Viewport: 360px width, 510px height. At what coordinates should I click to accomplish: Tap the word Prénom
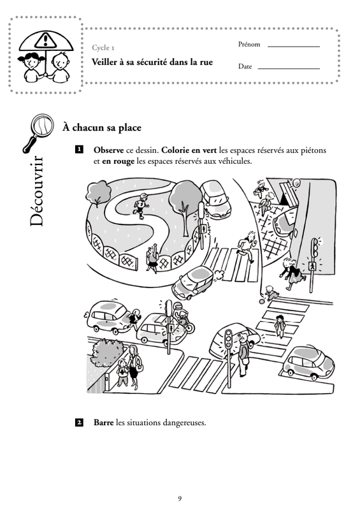(248, 44)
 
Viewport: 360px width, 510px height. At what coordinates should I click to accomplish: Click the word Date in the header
(245, 66)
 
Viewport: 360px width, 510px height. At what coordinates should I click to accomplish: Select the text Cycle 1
(103, 47)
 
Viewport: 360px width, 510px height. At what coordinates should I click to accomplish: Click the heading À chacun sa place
(102, 127)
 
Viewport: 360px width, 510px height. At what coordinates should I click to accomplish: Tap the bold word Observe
(108, 150)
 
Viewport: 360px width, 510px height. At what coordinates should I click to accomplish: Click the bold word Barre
(103, 423)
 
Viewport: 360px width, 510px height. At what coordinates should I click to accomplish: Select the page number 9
(180, 499)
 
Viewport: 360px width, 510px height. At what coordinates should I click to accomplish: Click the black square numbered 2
(79, 423)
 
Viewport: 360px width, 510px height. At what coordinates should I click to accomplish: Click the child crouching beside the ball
(271, 293)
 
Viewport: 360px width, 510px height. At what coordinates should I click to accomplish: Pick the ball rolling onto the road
(262, 302)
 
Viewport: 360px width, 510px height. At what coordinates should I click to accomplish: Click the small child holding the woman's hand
(122, 373)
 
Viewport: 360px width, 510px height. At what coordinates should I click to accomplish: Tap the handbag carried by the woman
(139, 366)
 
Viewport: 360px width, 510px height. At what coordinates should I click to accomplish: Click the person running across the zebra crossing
(247, 247)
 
